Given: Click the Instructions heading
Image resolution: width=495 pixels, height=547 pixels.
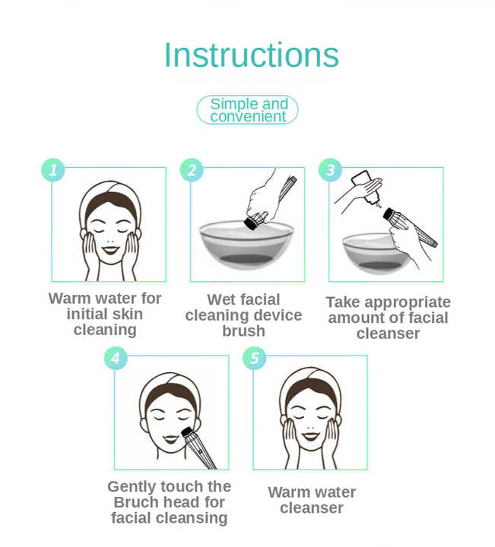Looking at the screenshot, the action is pyautogui.click(x=252, y=55).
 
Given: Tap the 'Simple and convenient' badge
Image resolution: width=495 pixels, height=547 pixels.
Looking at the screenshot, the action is pyautogui.click(x=248, y=110).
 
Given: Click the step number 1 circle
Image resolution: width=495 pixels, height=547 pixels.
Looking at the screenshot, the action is pyautogui.click(x=53, y=170).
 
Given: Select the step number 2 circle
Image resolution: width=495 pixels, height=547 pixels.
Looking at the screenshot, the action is pyautogui.click(x=192, y=170).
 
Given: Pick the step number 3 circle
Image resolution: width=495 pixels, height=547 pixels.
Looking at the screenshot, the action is pyautogui.click(x=330, y=170).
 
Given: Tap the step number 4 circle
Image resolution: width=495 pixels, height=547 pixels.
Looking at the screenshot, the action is pyautogui.click(x=116, y=359).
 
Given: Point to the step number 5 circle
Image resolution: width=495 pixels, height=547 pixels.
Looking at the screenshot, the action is pyautogui.click(x=255, y=359).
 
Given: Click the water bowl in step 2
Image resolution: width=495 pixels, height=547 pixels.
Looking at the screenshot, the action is pyautogui.click(x=246, y=245).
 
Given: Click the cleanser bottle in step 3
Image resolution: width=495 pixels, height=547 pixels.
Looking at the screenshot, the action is pyautogui.click(x=366, y=187).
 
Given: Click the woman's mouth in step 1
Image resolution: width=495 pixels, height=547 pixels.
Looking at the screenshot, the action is pyautogui.click(x=110, y=250).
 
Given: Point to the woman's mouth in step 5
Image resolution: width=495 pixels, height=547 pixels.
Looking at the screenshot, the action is pyautogui.click(x=310, y=436).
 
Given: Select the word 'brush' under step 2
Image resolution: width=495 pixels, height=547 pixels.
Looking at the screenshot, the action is pyautogui.click(x=243, y=330).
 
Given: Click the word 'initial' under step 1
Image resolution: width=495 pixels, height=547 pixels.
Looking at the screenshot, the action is pyautogui.click(x=86, y=314).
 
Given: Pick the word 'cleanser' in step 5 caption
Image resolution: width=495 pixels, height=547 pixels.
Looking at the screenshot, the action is pyautogui.click(x=312, y=508).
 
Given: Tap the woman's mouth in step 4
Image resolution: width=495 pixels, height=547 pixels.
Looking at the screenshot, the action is pyautogui.click(x=170, y=439).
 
